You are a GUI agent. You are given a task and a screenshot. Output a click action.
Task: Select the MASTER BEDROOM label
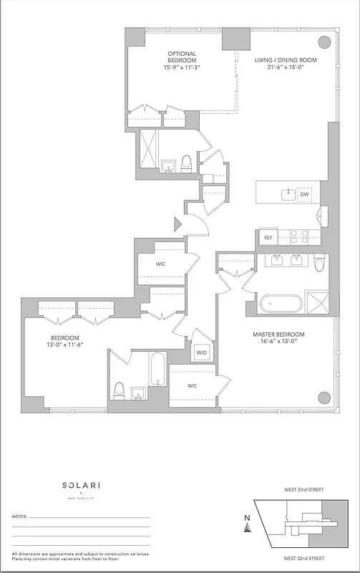click(278, 334)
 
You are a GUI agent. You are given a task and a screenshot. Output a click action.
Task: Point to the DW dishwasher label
click(304, 194)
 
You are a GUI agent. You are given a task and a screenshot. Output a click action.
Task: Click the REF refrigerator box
click(268, 237)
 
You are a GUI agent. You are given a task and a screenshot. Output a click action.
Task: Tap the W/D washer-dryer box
click(201, 352)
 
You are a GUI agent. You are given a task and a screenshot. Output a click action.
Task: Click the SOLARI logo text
click(80, 486)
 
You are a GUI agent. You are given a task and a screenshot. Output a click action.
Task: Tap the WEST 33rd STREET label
click(303, 490)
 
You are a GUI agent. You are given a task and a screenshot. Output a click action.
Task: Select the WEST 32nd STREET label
click(303, 557)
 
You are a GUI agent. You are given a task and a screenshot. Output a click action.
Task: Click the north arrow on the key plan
click(247, 525)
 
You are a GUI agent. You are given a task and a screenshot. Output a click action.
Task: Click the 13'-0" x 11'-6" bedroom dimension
click(64, 345)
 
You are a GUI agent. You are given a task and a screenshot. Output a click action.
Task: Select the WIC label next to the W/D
click(192, 386)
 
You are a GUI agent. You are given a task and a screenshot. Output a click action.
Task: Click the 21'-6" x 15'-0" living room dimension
click(285, 68)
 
